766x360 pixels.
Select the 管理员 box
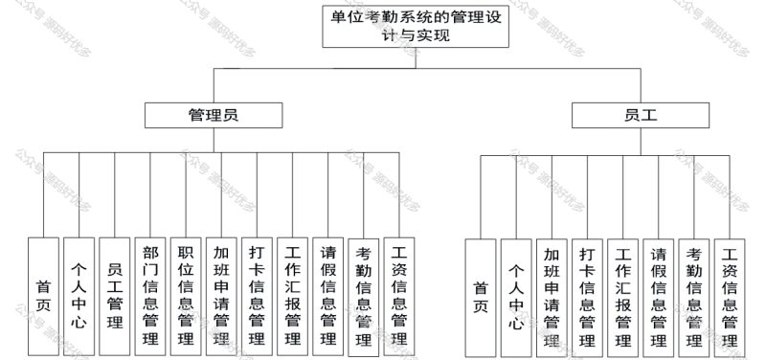click(213, 115)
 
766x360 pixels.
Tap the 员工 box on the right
click(641, 115)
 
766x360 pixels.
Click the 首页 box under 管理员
click(44, 296)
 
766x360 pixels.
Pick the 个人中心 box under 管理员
click(79, 296)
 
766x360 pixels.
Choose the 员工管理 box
click(115, 296)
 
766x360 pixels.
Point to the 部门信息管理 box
click(150, 296)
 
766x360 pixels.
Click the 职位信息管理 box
click(186, 296)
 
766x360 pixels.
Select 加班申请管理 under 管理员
click(221, 296)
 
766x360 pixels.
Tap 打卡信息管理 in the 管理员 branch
click(257, 296)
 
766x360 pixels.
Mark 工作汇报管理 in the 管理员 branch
click(292, 296)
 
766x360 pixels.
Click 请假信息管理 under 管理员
click(327, 296)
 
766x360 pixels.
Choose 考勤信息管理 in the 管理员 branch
click(363, 296)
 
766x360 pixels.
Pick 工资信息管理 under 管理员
click(398, 296)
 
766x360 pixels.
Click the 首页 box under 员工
click(481, 296)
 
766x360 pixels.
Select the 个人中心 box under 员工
click(516, 296)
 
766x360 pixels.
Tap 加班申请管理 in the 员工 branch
click(552, 296)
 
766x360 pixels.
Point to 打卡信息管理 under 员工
click(587, 296)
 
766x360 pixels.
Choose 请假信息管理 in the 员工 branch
click(659, 296)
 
